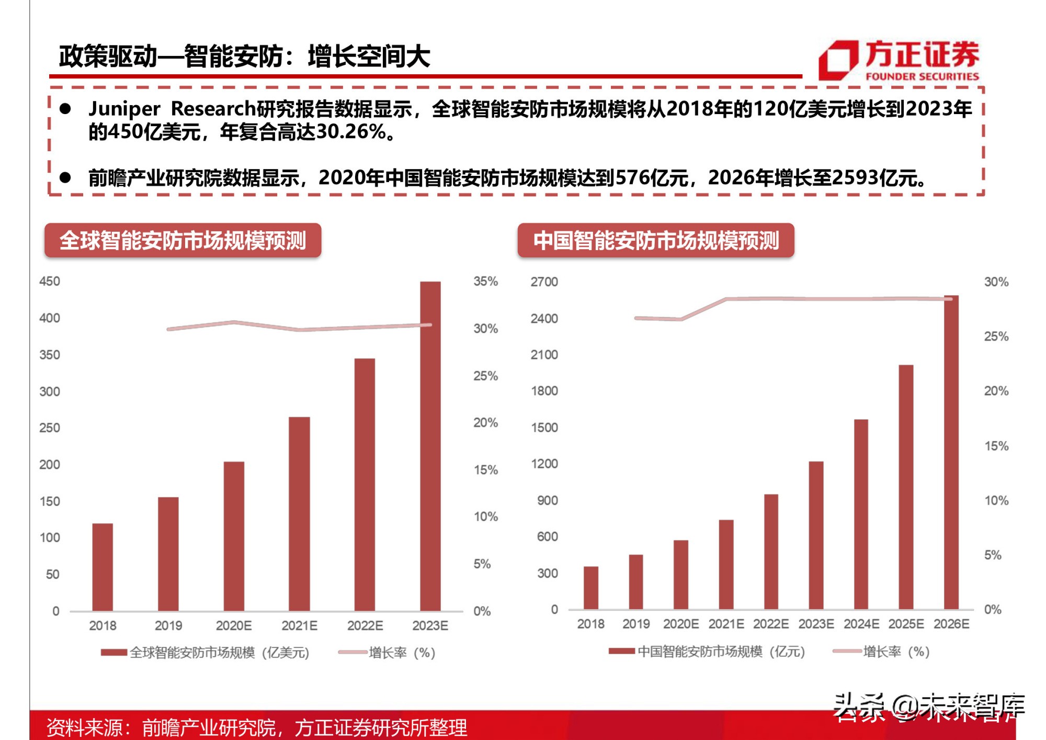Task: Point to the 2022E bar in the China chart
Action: coord(771,552)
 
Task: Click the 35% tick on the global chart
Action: coord(485,282)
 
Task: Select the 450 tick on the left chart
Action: coord(50,282)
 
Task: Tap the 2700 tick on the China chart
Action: coord(544,282)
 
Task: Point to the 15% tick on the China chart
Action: coord(996,446)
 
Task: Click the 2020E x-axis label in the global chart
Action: coord(234,626)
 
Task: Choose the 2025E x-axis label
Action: coord(906,624)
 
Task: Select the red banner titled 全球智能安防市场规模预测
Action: coord(183,241)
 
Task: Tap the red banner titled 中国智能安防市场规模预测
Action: coord(656,241)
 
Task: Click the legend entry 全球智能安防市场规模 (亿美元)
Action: coord(205,653)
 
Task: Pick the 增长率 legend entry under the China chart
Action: coord(881,652)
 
